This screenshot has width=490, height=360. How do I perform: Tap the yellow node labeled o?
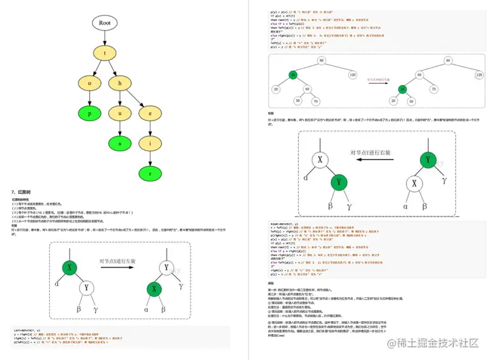(x=90, y=83)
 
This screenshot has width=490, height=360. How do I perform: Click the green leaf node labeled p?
(x=90, y=112)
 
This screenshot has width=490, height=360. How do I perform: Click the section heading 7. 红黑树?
(x=22, y=193)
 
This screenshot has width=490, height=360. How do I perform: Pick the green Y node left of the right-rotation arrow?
(x=339, y=182)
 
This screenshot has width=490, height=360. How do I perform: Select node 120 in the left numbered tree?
(x=351, y=73)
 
